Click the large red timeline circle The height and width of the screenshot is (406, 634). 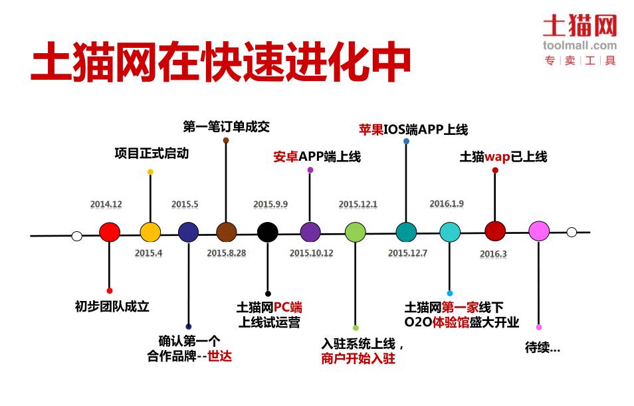pyautogui.click(x=109, y=232)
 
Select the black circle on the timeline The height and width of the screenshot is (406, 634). pyautogui.click(x=267, y=232)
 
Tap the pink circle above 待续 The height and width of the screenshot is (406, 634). pyautogui.click(x=538, y=231)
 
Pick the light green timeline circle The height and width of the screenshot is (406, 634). pyautogui.click(x=356, y=232)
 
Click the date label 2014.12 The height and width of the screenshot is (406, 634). pyautogui.click(x=106, y=205)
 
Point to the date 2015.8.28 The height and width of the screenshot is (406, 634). pyautogui.click(x=226, y=253)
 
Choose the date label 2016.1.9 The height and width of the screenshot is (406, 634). pyautogui.click(x=447, y=203)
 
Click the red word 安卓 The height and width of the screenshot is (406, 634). pyautogui.click(x=285, y=157)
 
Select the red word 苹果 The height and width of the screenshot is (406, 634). pyautogui.click(x=371, y=130)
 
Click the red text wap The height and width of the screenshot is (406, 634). pyautogui.click(x=496, y=157)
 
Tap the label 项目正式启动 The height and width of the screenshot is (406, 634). pyautogui.click(x=152, y=153)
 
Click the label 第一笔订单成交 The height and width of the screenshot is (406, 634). pyautogui.click(x=226, y=126)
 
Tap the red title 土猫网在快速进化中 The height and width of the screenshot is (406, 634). pyautogui.click(x=221, y=63)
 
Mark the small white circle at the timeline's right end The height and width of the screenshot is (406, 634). pyautogui.click(x=572, y=232)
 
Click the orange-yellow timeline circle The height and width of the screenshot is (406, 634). pyautogui.click(x=150, y=232)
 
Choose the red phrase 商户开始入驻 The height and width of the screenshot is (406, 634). pyautogui.click(x=358, y=359)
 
